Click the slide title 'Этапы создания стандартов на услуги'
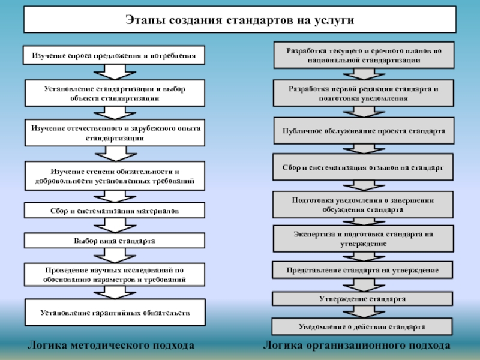click(239, 19)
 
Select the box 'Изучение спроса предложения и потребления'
click(114, 56)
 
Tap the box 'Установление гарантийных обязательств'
click(114, 313)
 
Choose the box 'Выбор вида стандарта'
click(114, 241)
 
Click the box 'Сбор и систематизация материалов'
click(114, 211)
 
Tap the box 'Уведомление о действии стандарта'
click(362, 327)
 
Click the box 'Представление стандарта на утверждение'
click(362, 271)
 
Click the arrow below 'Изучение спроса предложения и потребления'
click(114, 71)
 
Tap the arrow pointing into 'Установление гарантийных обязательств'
click(114, 292)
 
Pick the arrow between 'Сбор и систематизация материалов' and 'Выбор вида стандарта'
click(114, 225)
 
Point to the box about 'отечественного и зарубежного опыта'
click(114, 133)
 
